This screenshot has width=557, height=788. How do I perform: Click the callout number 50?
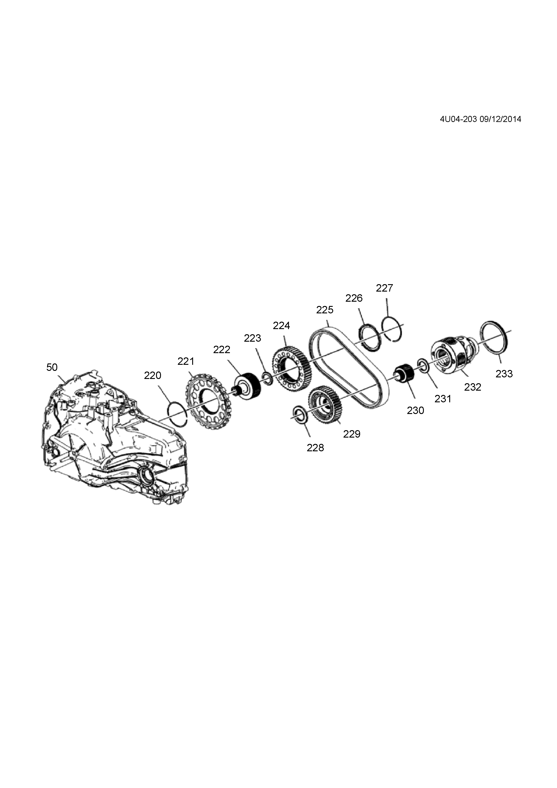(52, 367)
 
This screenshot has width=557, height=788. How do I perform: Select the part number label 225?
(324, 310)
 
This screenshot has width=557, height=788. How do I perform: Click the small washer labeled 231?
(423, 365)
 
